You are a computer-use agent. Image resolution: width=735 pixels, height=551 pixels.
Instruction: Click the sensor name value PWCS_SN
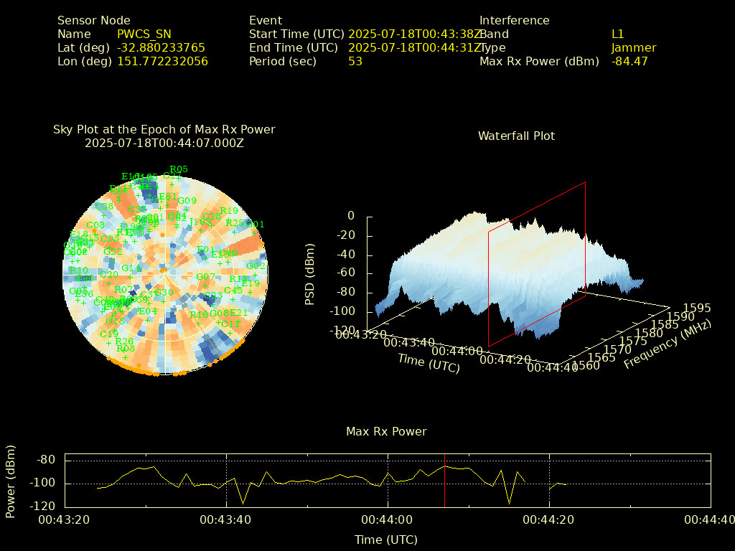coord(144,34)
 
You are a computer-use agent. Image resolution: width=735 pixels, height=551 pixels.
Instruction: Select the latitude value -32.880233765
coord(161,47)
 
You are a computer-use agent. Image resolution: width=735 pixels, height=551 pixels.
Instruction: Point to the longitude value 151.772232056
coord(162,61)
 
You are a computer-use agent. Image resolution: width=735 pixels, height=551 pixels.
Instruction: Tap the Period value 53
coord(355,61)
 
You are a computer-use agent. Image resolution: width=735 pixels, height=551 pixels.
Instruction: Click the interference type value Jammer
coord(633,47)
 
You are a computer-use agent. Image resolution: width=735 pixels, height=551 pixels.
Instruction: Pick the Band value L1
coord(617,34)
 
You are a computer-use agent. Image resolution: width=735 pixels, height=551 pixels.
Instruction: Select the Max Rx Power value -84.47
coord(629,61)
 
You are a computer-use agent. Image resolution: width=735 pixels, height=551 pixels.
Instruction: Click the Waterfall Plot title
coord(516,136)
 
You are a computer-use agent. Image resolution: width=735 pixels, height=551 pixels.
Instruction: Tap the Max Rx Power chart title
coord(386,431)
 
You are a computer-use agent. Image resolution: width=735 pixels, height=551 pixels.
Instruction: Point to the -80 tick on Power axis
coord(47,460)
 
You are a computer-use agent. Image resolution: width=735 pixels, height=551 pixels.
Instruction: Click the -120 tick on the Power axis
coord(44,506)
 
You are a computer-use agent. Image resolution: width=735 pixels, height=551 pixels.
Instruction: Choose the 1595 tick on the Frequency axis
coord(697,308)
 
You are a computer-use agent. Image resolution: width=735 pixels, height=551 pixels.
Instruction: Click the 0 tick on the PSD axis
coord(350,216)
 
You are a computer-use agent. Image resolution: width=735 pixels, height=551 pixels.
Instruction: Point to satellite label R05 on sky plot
coord(179,169)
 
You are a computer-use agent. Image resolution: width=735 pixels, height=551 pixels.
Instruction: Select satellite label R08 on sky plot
coord(126,349)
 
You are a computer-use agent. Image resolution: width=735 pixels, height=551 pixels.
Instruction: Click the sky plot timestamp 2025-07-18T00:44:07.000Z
coord(164,143)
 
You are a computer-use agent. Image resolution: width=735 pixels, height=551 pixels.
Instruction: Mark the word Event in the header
coord(266,20)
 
